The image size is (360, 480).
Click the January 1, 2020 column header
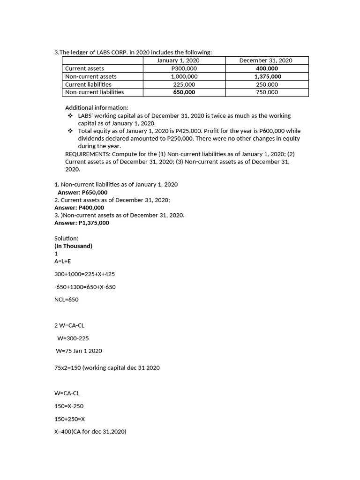click(x=178, y=60)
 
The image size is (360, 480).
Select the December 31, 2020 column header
click(x=266, y=60)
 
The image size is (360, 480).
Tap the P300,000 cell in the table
click(x=184, y=68)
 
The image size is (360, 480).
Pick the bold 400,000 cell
click(x=266, y=68)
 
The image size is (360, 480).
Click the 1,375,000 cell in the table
click(x=268, y=76)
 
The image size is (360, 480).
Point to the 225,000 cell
click(x=184, y=84)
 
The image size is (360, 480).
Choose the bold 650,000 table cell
click(x=184, y=92)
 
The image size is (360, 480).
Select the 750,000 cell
click(x=266, y=92)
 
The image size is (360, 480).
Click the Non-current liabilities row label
click(x=94, y=92)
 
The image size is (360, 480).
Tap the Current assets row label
click(x=84, y=68)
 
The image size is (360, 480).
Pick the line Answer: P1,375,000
click(x=82, y=223)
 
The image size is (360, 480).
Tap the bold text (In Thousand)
click(x=73, y=246)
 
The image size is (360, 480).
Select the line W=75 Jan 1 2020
click(x=79, y=351)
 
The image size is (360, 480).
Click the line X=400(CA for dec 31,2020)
click(x=90, y=432)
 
